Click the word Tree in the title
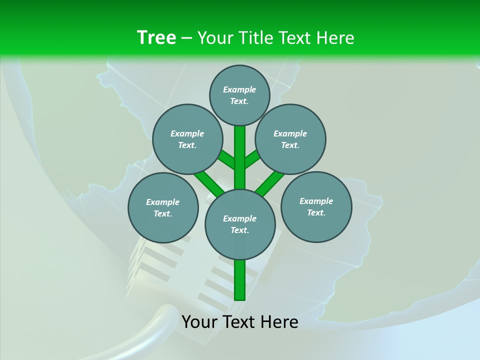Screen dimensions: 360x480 (x=156, y=37)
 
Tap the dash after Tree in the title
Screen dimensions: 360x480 (x=186, y=38)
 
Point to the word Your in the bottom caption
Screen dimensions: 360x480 (x=200, y=322)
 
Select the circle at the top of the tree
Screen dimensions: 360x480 (x=239, y=95)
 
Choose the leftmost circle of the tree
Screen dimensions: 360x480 (x=163, y=207)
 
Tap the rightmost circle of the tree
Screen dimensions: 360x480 (x=316, y=206)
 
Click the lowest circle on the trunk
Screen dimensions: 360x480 (x=240, y=224)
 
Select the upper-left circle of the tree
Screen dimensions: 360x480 (x=187, y=139)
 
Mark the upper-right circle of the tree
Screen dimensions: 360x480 (x=290, y=139)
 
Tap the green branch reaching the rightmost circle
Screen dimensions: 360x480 (x=270, y=182)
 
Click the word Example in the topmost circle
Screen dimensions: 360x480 (x=239, y=89)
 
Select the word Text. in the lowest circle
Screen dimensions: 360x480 (x=239, y=230)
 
